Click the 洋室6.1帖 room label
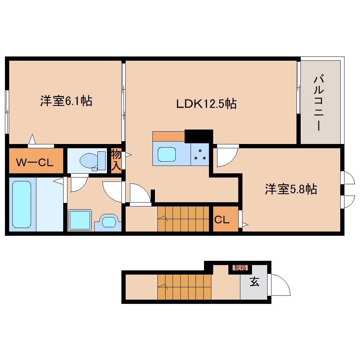point(66,102)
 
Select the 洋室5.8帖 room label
point(291,190)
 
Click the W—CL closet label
point(35,163)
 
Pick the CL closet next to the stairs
point(222,220)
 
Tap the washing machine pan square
point(80,220)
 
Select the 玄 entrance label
point(254,283)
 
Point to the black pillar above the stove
point(199,136)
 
